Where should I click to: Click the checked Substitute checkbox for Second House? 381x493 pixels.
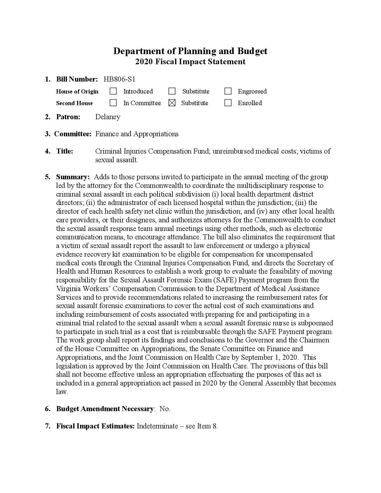(x=172, y=103)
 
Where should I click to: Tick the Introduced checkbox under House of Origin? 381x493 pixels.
(x=113, y=91)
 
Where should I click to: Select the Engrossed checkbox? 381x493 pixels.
(x=228, y=91)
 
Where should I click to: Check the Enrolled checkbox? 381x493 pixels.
(x=228, y=103)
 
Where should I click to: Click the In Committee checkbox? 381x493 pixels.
(x=113, y=103)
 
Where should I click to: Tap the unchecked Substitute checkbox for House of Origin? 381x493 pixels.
(x=172, y=91)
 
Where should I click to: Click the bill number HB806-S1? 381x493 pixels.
(x=119, y=79)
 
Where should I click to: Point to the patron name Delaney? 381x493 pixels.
(x=108, y=117)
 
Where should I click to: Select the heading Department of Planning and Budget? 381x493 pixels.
(x=190, y=51)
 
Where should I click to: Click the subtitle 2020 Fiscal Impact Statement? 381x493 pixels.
(x=190, y=62)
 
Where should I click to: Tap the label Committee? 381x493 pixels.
(x=73, y=134)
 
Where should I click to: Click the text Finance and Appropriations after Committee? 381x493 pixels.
(x=137, y=134)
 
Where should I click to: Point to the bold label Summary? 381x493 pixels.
(x=73, y=177)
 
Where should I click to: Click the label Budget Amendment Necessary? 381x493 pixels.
(x=105, y=409)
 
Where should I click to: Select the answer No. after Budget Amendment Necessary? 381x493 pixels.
(x=165, y=409)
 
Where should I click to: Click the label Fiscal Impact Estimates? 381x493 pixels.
(x=96, y=426)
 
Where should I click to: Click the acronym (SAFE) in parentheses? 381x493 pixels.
(x=226, y=280)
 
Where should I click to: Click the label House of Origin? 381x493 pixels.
(x=77, y=91)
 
